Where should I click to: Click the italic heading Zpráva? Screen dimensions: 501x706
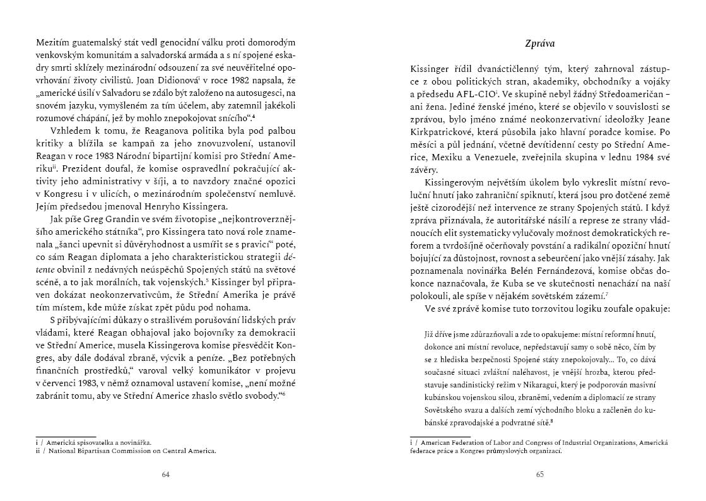pyautogui.click(x=539, y=44)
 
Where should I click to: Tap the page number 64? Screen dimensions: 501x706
pyautogui.click(x=166, y=474)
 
